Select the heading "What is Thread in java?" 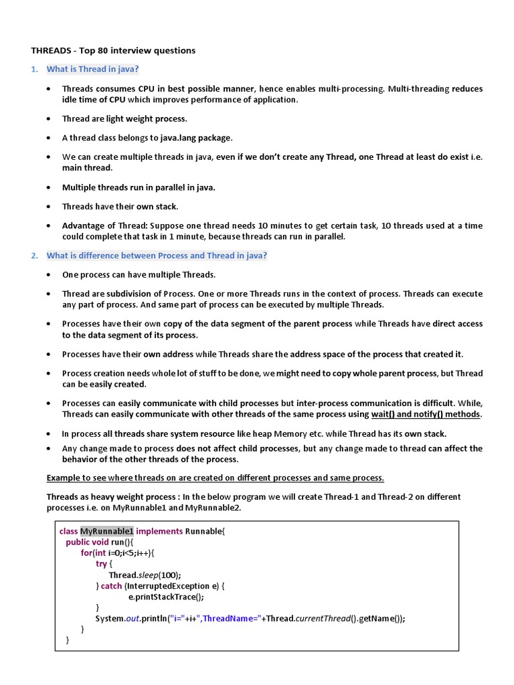(93, 69)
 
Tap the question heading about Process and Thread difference (156, 256)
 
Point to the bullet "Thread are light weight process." (124, 118)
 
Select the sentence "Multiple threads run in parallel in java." (139, 187)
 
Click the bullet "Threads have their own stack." (120, 207)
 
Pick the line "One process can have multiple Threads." (139, 274)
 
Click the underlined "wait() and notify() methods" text (426, 414)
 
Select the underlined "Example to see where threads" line (215, 478)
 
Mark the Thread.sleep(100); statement (145, 575)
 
